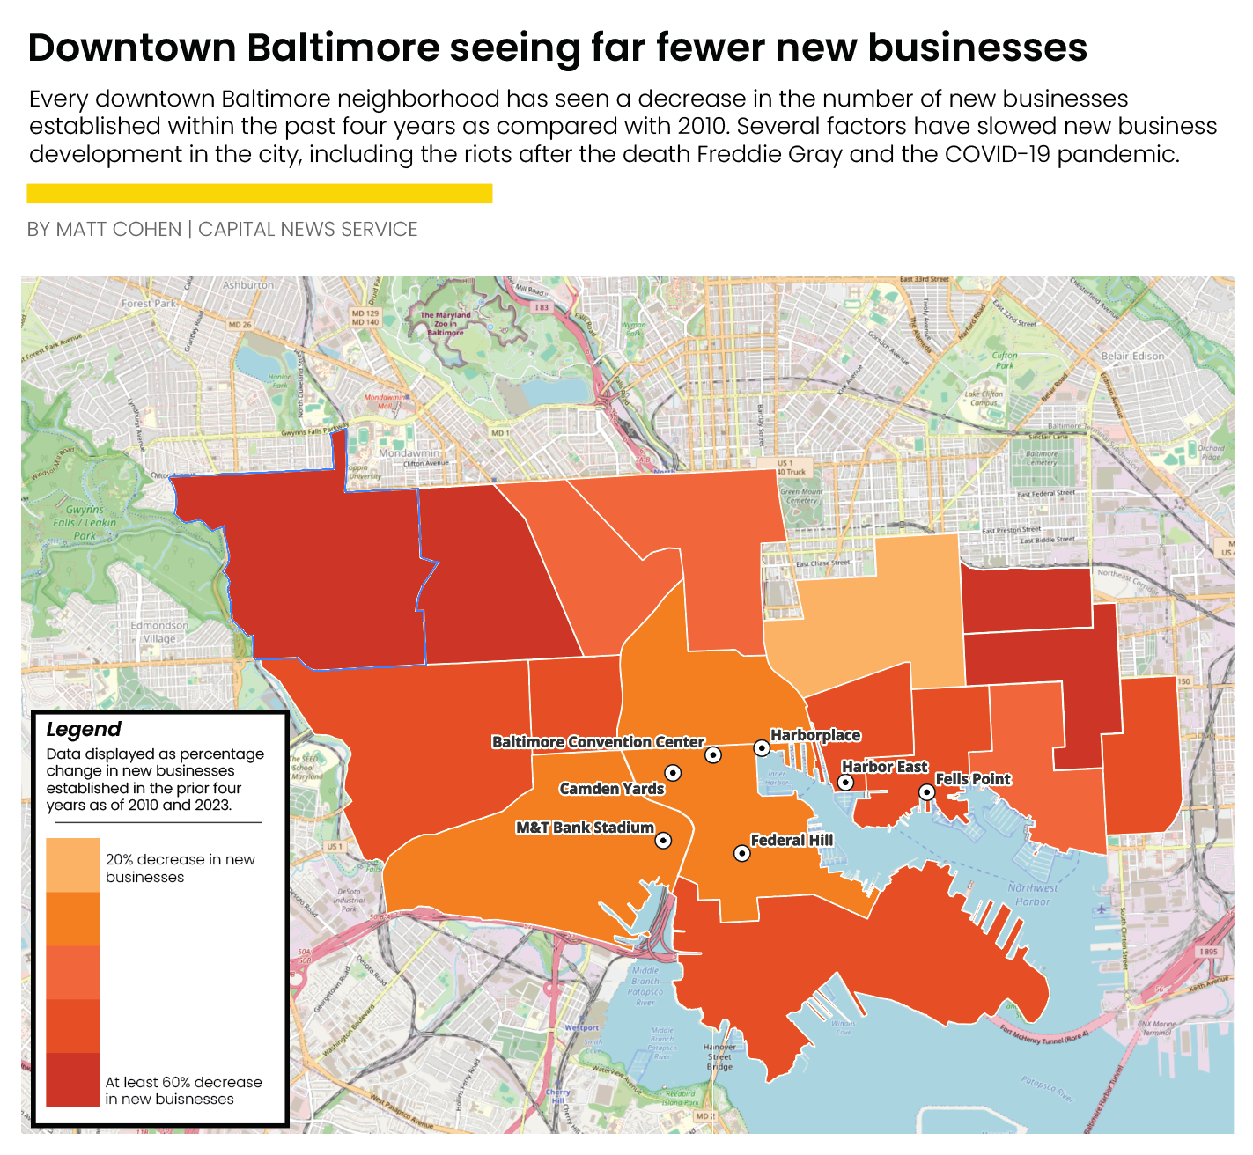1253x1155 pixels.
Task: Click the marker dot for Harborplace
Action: (x=762, y=748)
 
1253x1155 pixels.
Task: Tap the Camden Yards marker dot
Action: (x=673, y=773)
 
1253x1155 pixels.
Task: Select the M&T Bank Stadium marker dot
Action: (x=664, y=841)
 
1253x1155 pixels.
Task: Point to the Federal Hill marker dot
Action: (x=742, y=853)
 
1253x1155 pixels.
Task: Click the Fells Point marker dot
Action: (x=926, y=792)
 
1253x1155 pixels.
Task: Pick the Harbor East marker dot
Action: (x=845, y=782)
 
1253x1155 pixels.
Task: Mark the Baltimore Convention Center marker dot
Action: (x=713, y=754)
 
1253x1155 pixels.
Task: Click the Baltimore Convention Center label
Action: (x=598, y=742)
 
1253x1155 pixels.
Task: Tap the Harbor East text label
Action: (x=884, y=767)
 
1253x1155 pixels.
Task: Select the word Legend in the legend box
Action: (x=84, y=730)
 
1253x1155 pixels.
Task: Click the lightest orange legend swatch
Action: (x=73, y=865)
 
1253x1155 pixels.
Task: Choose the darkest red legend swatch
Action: (x=73, y=1079)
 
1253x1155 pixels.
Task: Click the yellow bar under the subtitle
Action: (x=260, y=193)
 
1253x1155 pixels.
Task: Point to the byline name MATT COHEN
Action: (x=118, y=230)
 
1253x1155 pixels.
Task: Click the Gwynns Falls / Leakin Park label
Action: (x=85, y=522)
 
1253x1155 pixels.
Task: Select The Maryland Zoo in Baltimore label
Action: (x=446, y=323)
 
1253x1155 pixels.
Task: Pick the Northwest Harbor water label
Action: (x=1033, y=894)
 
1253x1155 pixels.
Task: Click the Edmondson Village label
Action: (x=159, y=632)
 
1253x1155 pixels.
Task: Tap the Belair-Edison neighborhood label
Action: (x=1132, y=357)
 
